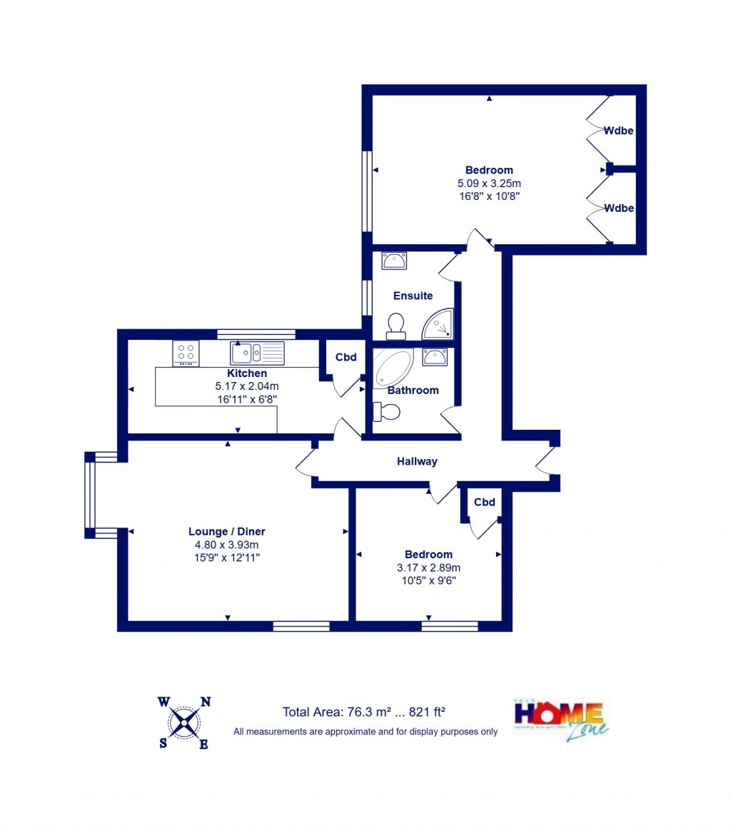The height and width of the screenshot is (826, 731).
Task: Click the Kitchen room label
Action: point(247,373)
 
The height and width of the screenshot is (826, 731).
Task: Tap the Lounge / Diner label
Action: point(226,531)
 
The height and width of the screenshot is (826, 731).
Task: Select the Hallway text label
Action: point(417,462)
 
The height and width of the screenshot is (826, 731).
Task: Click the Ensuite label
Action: point(413,296)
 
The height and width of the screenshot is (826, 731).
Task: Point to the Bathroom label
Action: point(413,391)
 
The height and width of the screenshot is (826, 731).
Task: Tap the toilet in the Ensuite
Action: point(395,326)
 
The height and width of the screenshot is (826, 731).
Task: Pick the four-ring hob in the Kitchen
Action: point(186,353)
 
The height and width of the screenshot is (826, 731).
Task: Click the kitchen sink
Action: point(256,352)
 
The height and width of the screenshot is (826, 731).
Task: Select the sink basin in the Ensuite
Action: point(393,261)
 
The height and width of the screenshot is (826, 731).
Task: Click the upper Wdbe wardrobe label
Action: point(619,131)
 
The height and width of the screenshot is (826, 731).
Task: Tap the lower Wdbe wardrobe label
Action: point(619,208)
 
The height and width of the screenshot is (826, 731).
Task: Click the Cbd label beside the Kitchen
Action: point(346,358)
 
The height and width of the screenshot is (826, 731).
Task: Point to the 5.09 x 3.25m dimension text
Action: point(489,183)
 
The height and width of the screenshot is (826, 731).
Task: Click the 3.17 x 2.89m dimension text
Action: point(428,568)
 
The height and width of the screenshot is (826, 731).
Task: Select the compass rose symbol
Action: point(184,722)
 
